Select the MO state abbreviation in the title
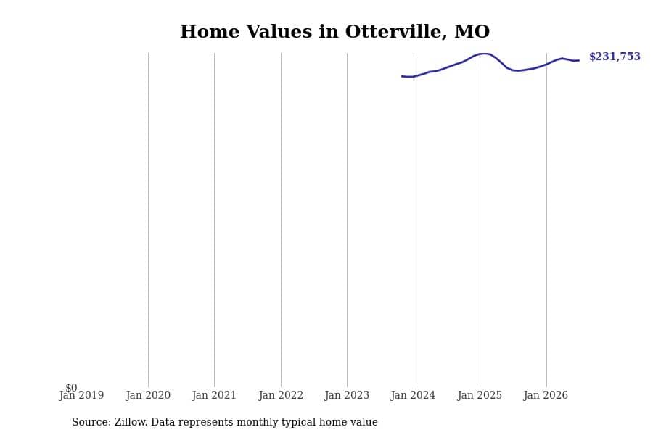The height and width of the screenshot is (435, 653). [x=472, y=32]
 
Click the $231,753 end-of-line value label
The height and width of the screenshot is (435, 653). [x=615, y=57]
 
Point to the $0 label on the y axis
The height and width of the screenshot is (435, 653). [x=71, y=388]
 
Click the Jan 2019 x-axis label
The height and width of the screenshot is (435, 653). [x=81, y=395]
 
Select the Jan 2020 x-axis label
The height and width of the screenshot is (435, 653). [x=148, y=395]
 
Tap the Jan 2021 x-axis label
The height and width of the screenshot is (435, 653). [x=214, y=395]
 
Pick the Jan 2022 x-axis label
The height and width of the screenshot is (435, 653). [x=281, y=395]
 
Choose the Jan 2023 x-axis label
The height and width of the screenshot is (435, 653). [x=347, y=395]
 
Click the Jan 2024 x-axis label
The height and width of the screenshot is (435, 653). [x=413, y=395]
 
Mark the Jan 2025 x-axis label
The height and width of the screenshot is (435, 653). [x=480, y=395]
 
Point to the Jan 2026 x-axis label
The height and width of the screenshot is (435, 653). [x=546, y=395]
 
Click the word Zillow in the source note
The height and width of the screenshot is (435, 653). [x=131, y=422]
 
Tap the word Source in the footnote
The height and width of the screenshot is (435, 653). [x=91, y=422]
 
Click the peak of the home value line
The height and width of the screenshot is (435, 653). [x=484, y=53]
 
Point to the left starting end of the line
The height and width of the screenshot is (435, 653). [x=402, y=76]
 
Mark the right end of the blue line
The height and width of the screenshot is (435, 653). [x=578, y=60]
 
